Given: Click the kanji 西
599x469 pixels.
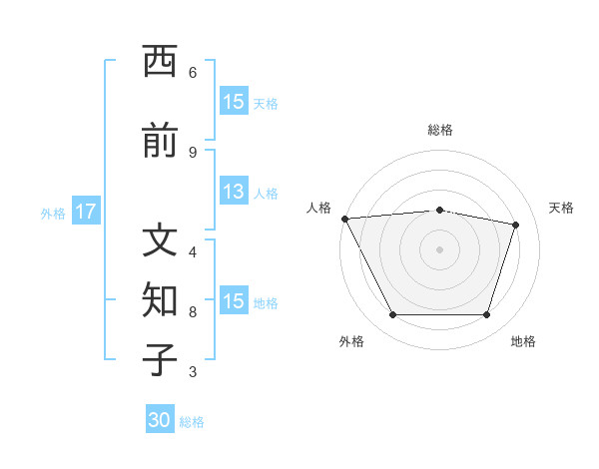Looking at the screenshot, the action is (160, 61).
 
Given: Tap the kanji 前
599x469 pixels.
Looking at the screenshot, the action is (160, 140).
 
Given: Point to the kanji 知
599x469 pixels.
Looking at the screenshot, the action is (160, 299).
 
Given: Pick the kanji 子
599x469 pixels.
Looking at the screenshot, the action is (160, 359).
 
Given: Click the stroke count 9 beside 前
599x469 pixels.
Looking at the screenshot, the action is (193, 153).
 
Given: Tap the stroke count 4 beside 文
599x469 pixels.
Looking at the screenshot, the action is (193, 252).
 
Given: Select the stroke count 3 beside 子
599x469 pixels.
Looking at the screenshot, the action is (193, 371).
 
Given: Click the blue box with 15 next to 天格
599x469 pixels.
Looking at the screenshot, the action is (234, 101).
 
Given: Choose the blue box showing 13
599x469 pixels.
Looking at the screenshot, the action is (234, 191).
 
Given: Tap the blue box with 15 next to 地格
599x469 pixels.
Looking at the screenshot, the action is (234, 299).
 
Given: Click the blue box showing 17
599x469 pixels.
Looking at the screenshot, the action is (86, 211).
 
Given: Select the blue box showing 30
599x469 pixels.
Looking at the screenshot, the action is (160, 418).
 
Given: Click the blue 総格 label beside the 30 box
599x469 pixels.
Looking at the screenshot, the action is (192, 422).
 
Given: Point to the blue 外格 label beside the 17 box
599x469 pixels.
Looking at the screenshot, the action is (53, 214).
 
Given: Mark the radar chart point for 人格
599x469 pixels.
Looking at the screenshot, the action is (345, 219).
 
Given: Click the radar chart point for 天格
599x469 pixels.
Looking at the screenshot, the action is (515, 225).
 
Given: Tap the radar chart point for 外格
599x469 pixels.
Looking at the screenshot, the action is (393, 314).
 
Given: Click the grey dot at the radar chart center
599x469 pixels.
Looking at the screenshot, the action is (439, 249).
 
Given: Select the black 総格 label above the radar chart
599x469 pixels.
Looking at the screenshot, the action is (440, 130).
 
